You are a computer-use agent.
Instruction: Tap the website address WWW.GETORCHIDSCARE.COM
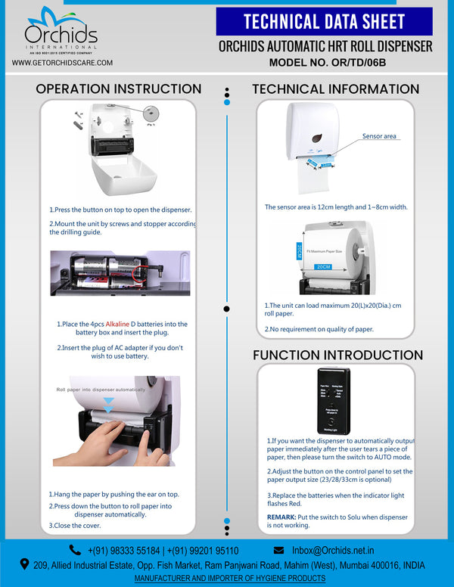pos(63,63)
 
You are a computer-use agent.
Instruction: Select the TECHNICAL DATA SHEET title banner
pos(324,22)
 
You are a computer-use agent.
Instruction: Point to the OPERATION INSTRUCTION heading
pos(119,89)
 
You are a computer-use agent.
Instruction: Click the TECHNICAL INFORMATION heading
pos(335,89)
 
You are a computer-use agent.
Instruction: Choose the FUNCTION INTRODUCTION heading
pos(337,355)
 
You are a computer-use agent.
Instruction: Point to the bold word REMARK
pos(281,517)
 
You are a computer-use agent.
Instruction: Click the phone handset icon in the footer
pos(75,550)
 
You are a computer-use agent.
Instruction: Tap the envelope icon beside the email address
pos(278,550)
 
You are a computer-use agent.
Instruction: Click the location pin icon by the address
pos(25,564)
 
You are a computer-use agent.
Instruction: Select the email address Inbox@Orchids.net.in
pos(333,550)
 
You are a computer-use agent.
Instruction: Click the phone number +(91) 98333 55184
pos(123,550)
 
